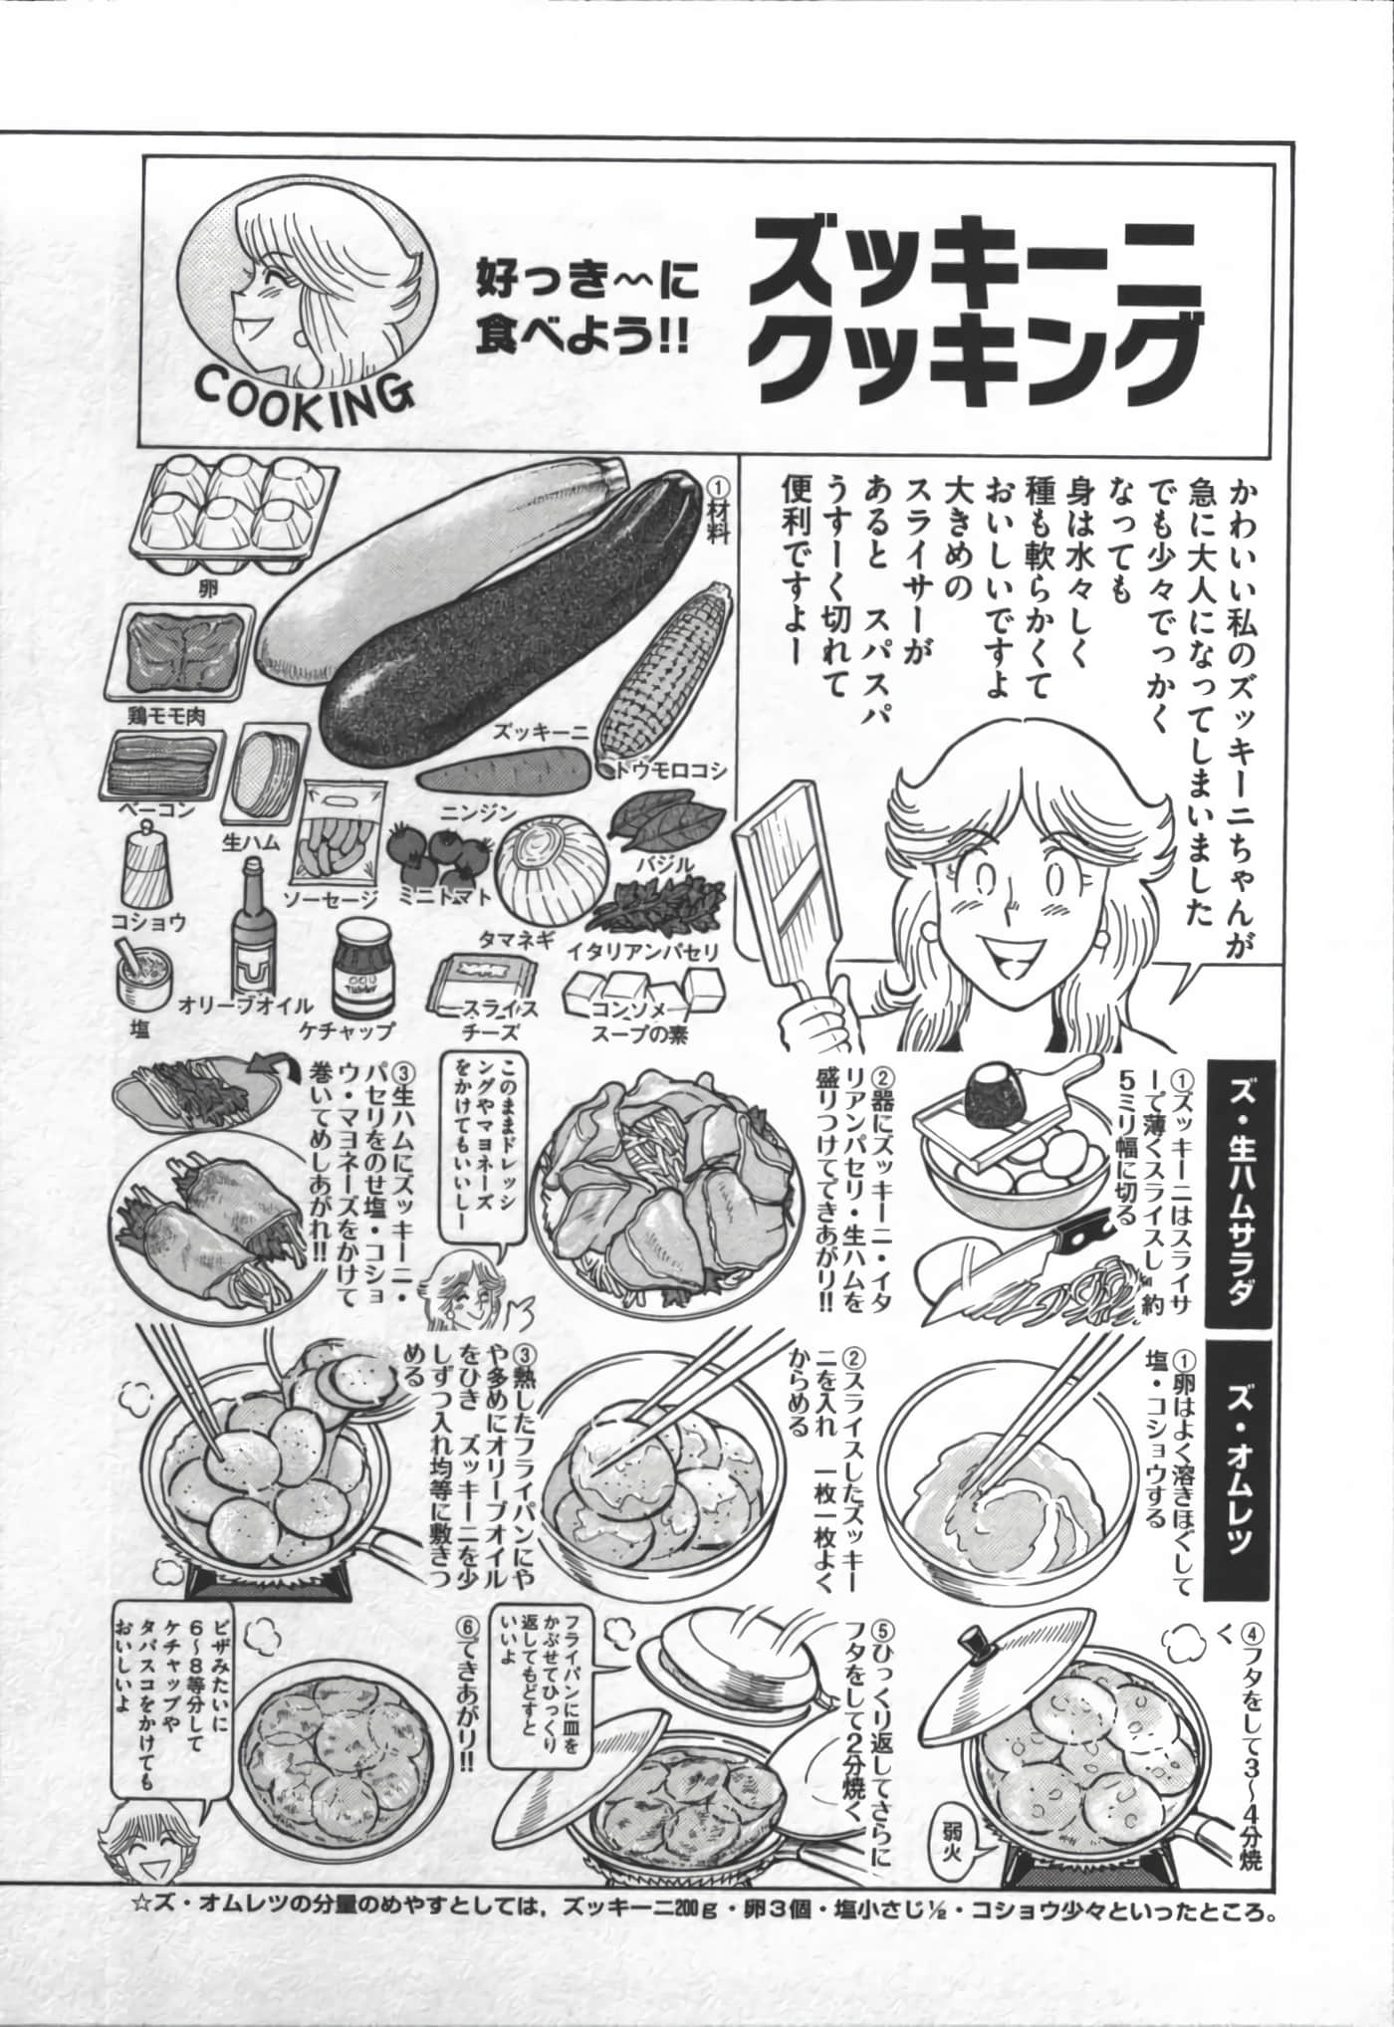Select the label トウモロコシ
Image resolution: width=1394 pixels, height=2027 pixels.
pyautogui.click(x=663, y=771)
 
